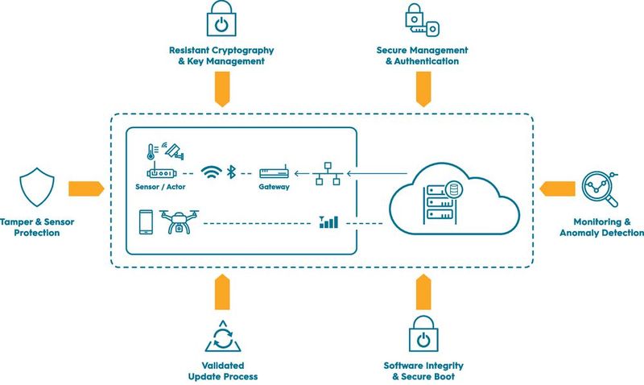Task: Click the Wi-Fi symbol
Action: (x=211, y=172)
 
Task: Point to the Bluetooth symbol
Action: (x=229, y=172)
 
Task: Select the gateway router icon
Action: (x=273, y=172)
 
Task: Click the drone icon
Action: (x=178, y=221)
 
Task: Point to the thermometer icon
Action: (x=150, y=152)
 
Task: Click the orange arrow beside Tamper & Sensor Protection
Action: (x=85, y=188)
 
